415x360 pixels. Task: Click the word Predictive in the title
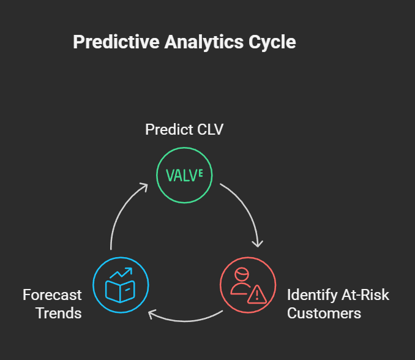click(x=116, y=42)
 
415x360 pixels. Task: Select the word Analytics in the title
click(x=204, y=42)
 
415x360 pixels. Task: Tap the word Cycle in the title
click(x=272, y=42)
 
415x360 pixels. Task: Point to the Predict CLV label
click(x=184, y=129)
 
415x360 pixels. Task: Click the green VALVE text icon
click(x=184, y=175)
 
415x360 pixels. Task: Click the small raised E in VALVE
click(x=201, y=173)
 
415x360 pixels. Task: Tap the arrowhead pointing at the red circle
click(x=258, y=244)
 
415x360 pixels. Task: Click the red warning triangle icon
click(x=257, y=294)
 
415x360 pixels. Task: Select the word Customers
click(x=324, y=313)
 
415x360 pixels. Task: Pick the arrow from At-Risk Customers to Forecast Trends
click(x=185, y=321)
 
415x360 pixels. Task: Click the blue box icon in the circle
click(x=120, y=291)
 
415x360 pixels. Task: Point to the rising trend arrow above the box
click(x=121, y=273)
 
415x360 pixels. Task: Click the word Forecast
click(x=52, y=295)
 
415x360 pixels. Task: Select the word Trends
click(x=59, y=313)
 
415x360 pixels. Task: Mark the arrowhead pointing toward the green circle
click(x=143, y=186)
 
